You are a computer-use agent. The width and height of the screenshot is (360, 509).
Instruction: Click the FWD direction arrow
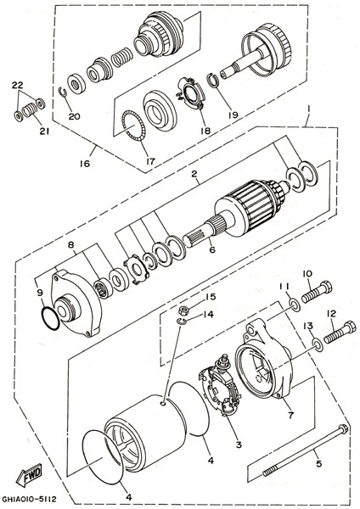click(x=29, y=475)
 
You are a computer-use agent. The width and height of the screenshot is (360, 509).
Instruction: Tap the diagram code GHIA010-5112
click(x=29, y=498)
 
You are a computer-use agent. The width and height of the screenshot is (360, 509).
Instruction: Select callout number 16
click(x=84, y=163)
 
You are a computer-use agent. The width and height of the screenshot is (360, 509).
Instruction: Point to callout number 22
click(x=18, y=85)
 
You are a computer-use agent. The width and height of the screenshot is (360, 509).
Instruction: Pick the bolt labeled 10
click(x=317, y=292)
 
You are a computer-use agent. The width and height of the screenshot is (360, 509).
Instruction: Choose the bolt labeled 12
click(x=340, y=331)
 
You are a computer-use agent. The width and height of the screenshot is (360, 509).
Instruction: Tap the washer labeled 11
click(x=295, y=305)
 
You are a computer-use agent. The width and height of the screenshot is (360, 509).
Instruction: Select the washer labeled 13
click(x=318, y=344)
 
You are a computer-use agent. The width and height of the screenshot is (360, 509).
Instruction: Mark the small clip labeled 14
click(x=182, y=322)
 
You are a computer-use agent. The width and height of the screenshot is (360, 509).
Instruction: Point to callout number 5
click(x=318, y=463)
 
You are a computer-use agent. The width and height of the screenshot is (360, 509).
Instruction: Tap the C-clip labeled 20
click(x=63, y=92)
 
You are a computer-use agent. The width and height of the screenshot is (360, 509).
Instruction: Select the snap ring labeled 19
click(x=212, y=81)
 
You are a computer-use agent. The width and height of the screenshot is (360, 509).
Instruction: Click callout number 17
click(x=151, y=161)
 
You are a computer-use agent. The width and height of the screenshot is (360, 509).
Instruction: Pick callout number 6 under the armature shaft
click(x=212, y=249)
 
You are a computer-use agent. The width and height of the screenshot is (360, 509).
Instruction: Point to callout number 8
click(x=70, y=244)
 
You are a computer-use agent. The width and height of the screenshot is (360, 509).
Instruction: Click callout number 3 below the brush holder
click(x=239, y=445)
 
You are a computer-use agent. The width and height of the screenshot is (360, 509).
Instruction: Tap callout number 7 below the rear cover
click(x=290, y=415)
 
